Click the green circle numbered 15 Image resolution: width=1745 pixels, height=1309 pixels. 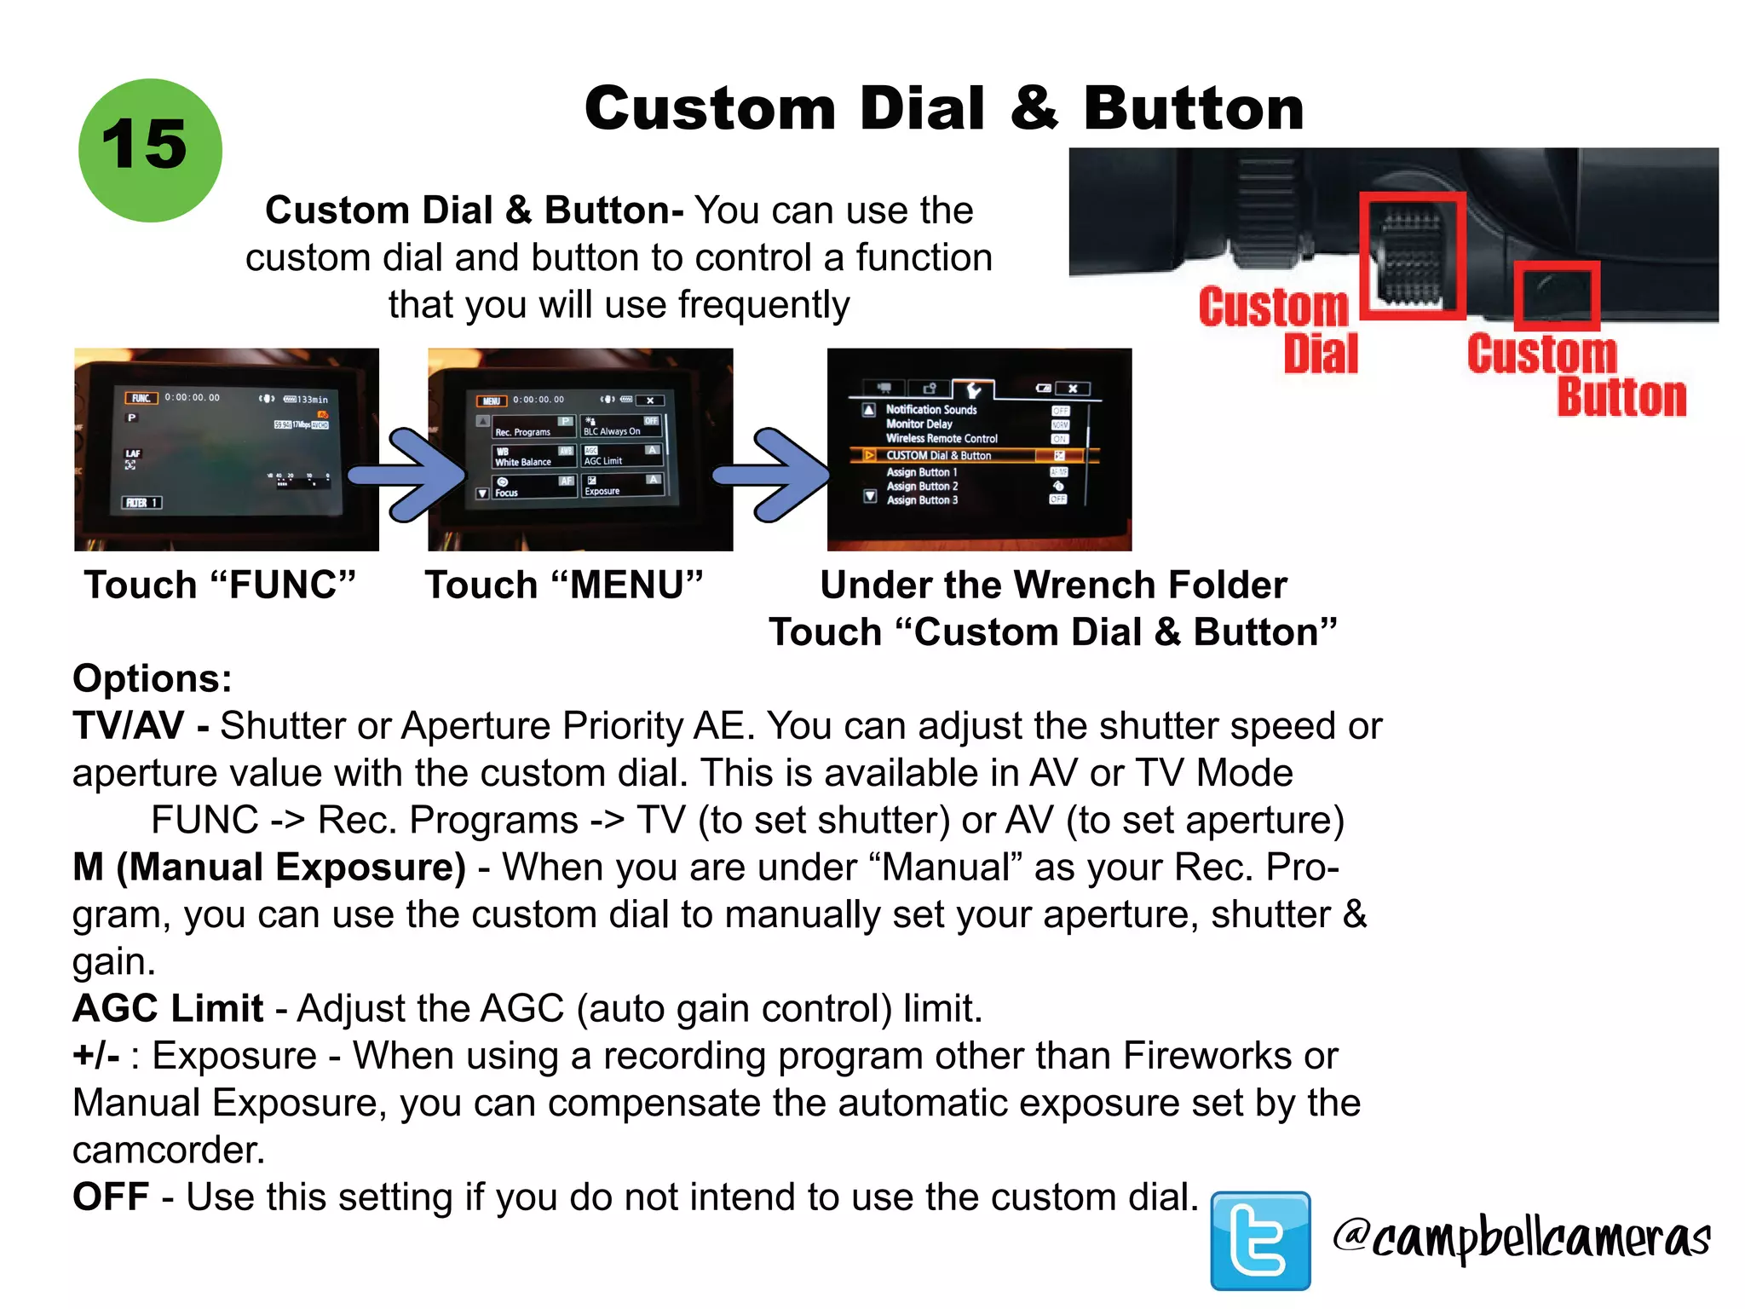150,150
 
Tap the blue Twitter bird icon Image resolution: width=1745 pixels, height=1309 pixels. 1259,1240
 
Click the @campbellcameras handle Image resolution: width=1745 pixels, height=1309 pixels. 1522,1237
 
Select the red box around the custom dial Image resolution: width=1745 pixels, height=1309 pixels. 1412,256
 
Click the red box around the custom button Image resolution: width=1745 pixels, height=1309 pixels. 1557,295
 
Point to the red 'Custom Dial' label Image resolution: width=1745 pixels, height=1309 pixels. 1278,331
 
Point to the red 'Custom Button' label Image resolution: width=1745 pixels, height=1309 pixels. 1576,375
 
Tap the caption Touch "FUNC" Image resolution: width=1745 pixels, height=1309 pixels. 220,585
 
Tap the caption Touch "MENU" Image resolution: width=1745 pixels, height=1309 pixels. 564,585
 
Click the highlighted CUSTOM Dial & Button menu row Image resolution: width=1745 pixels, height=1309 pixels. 971,456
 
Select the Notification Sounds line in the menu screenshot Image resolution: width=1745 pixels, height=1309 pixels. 930,410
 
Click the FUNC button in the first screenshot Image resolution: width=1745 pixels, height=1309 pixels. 141,398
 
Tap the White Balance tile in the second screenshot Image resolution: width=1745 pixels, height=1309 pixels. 533,457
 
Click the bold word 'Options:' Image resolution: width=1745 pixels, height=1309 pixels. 153,679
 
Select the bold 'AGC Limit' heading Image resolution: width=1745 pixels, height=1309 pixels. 168,1009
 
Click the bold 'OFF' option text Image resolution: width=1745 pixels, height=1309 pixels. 111,1197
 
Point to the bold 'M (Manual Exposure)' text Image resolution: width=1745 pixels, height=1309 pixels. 269,868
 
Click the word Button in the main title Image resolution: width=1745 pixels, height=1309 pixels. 1193,109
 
